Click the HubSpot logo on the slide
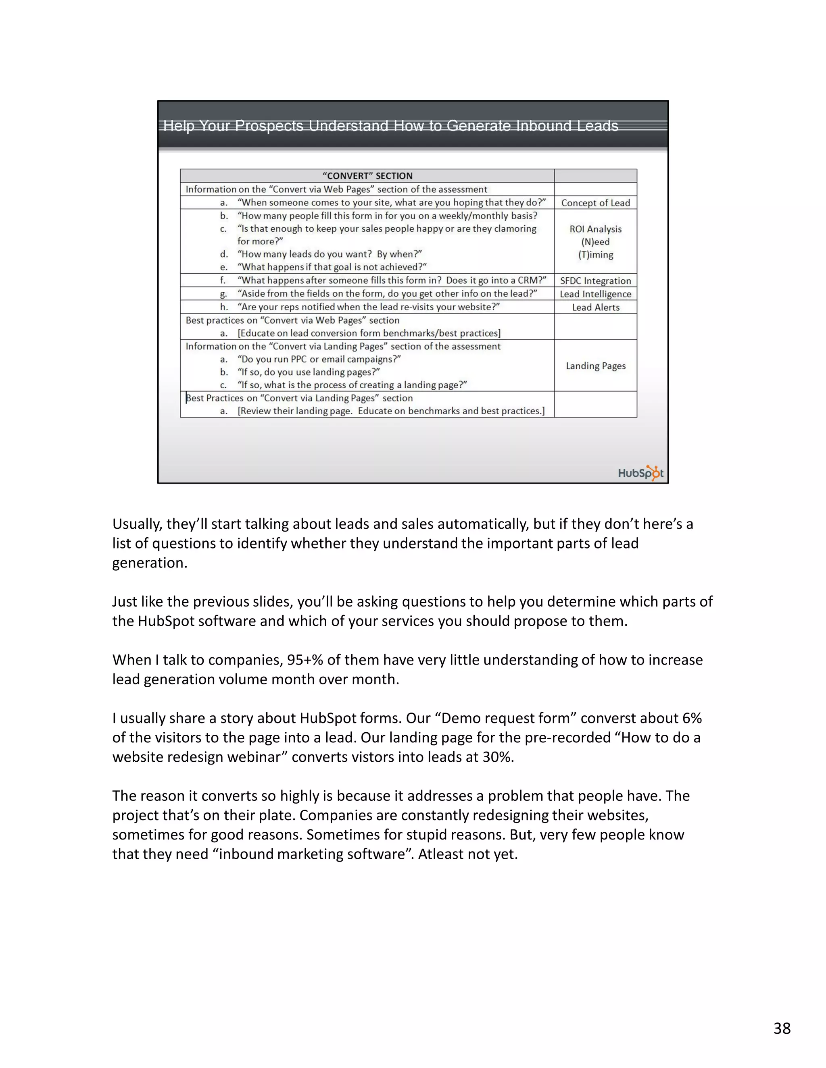(x=640, y=473)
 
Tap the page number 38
(x=782, y=1029)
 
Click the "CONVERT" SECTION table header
(x=367, y=176)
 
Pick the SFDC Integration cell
(x=596, y=281)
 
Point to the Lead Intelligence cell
(x=596, y=294)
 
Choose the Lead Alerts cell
(x=596, y=307)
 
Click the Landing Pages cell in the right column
(x=596, y=366)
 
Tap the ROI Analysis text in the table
(x=596, y=229)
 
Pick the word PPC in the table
(x=298, y=359)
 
